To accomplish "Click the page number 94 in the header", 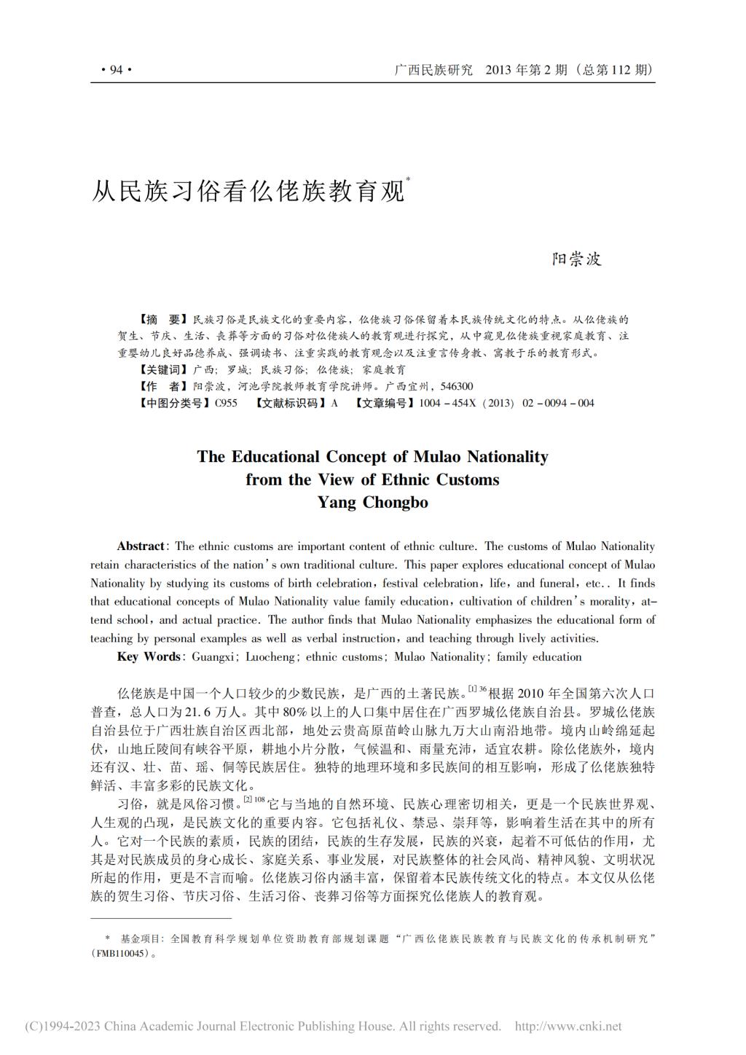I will click(115, 70).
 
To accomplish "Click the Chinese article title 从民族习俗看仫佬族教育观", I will click(248, 190).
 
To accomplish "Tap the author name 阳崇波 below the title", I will click(576, 259).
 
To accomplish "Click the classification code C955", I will click(226, 403).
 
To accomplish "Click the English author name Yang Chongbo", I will click(372, 503).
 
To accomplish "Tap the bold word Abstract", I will click(141, 546).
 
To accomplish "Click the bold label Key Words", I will click(149, 656).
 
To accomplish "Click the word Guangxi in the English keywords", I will click(213, 656).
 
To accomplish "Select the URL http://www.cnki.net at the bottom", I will click(568, 1027).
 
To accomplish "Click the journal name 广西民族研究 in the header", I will click(433, 70).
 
